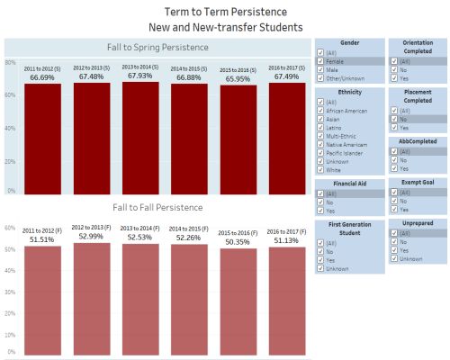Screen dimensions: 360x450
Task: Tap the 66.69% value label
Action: pyautogui.click(x=43, y=78)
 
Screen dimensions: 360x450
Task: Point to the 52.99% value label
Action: pyautogui.click(x=92, y=237)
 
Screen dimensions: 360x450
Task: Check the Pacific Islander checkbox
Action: pyautogui.click(x=321, y=154)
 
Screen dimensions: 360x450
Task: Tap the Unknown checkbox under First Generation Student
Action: pyautogui.click(x=321, y=267)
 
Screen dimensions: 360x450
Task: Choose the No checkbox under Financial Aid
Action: pyautogui.click(x=321, y=203)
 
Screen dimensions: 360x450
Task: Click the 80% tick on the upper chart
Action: pyautogui.click(x=10, y=62)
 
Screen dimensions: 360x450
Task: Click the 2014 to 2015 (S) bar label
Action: pyautogui.click(x=189, y=68)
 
